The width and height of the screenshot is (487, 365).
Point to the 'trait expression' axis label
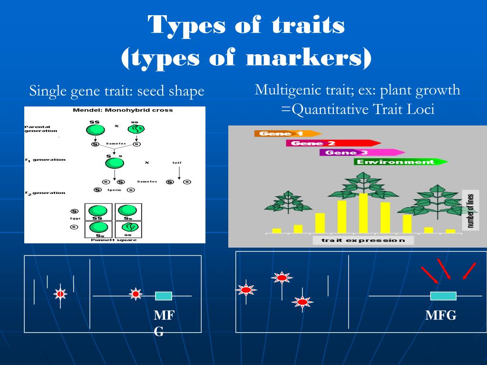363,240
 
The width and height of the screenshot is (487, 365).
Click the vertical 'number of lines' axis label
470,210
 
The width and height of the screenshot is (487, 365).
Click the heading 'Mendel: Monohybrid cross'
123,110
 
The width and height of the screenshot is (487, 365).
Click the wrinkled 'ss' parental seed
136,129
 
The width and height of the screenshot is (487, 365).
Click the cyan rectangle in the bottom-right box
443,296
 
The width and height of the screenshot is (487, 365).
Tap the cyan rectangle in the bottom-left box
163,296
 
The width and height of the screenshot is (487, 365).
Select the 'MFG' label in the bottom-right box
440,315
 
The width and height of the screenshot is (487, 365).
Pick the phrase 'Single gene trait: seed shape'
117,91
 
